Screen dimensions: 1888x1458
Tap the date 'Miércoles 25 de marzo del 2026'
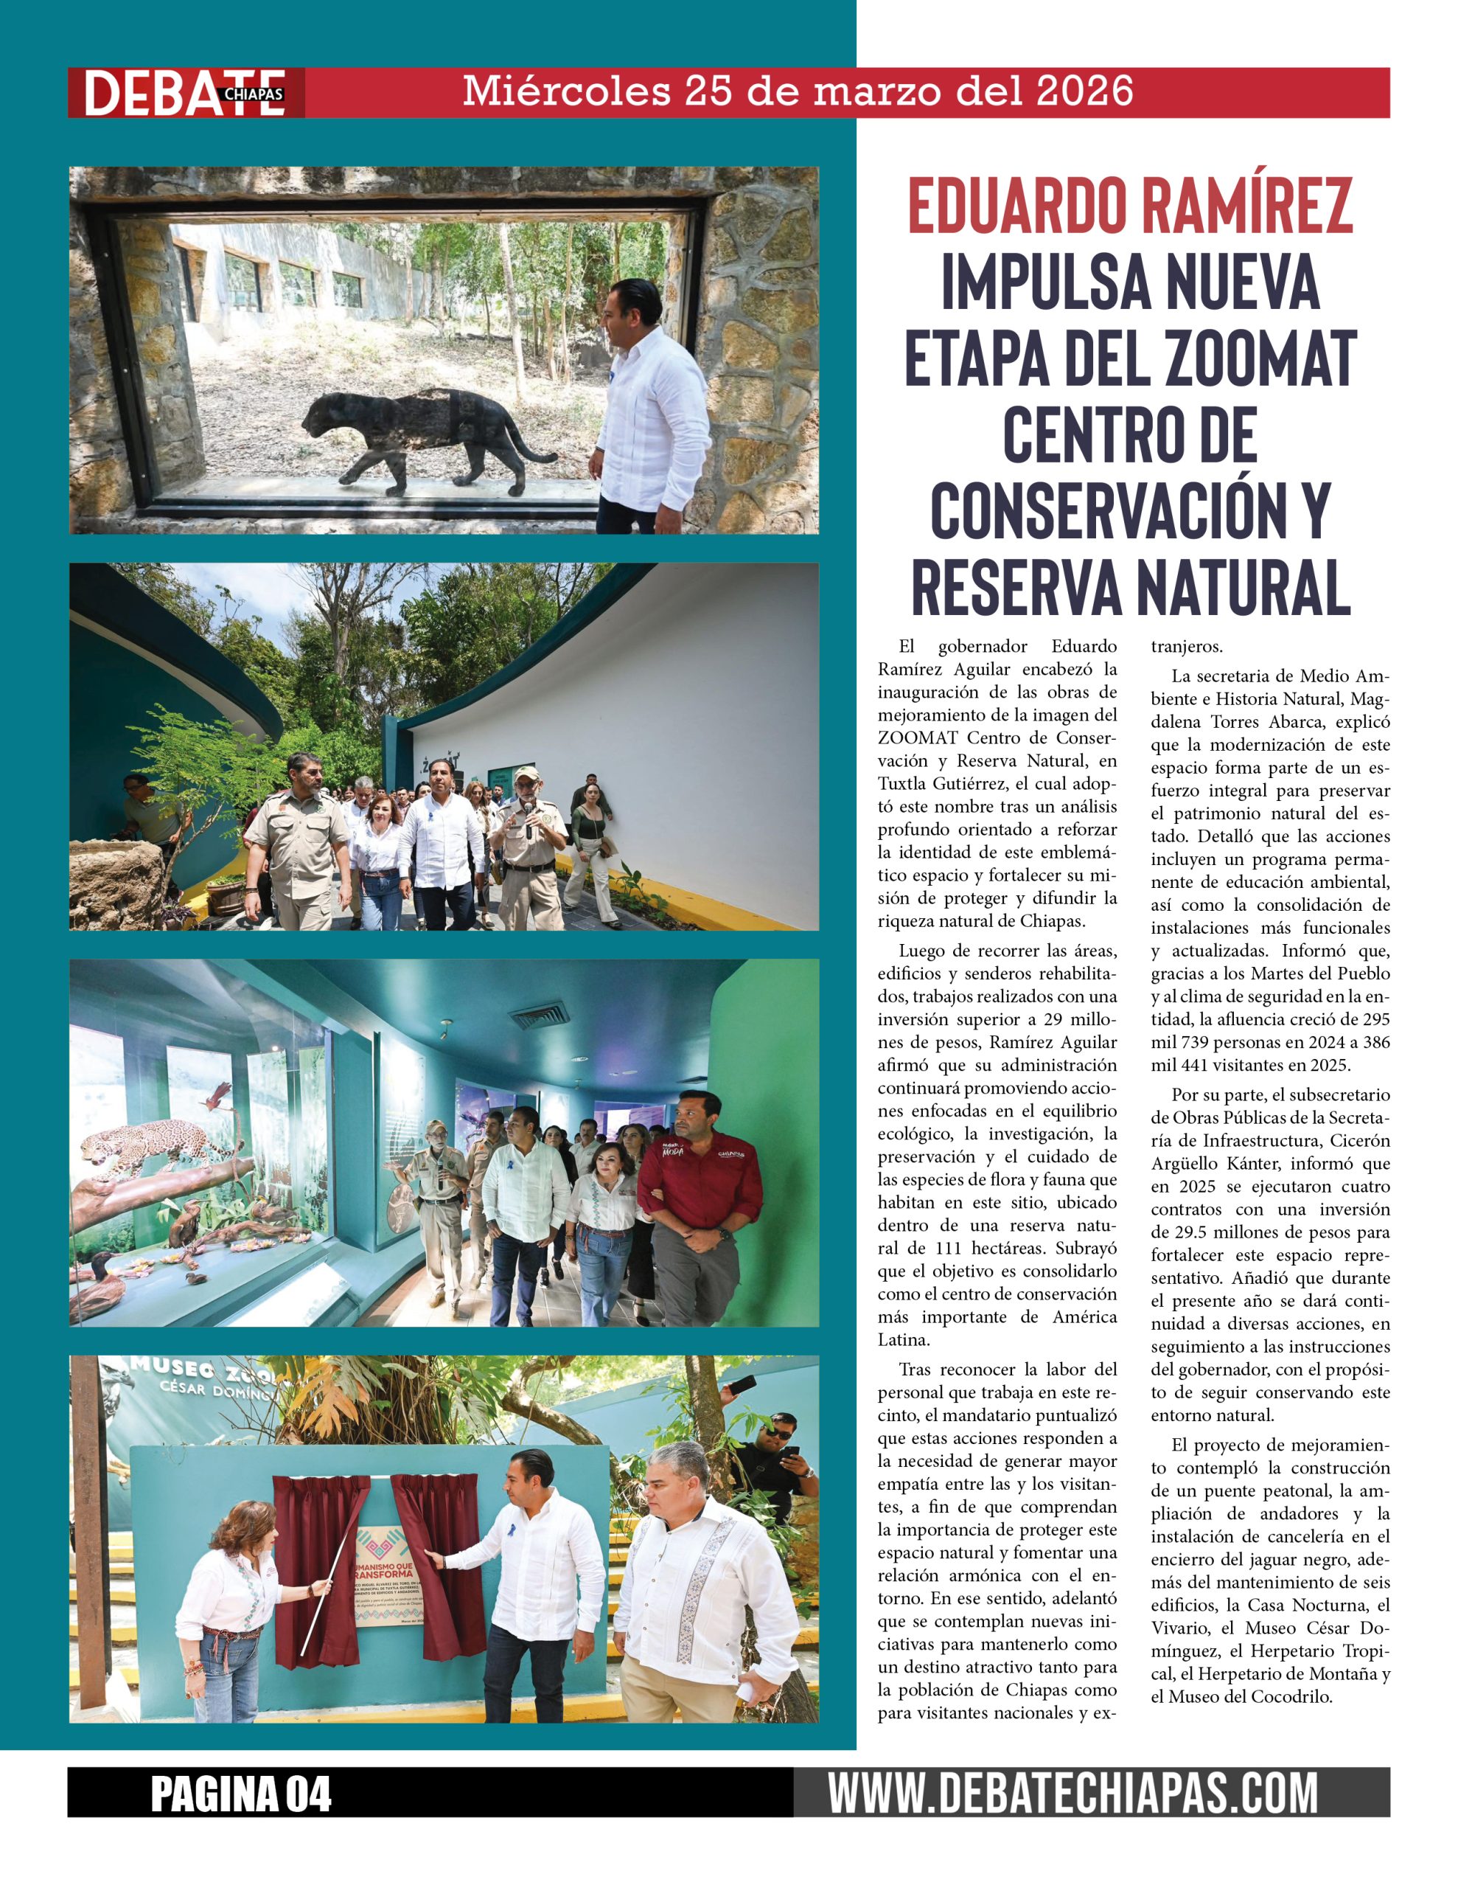coord(797,91)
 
